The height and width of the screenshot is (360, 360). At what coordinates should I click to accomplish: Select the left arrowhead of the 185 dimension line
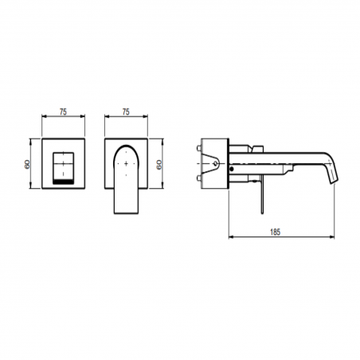coord(232,237)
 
